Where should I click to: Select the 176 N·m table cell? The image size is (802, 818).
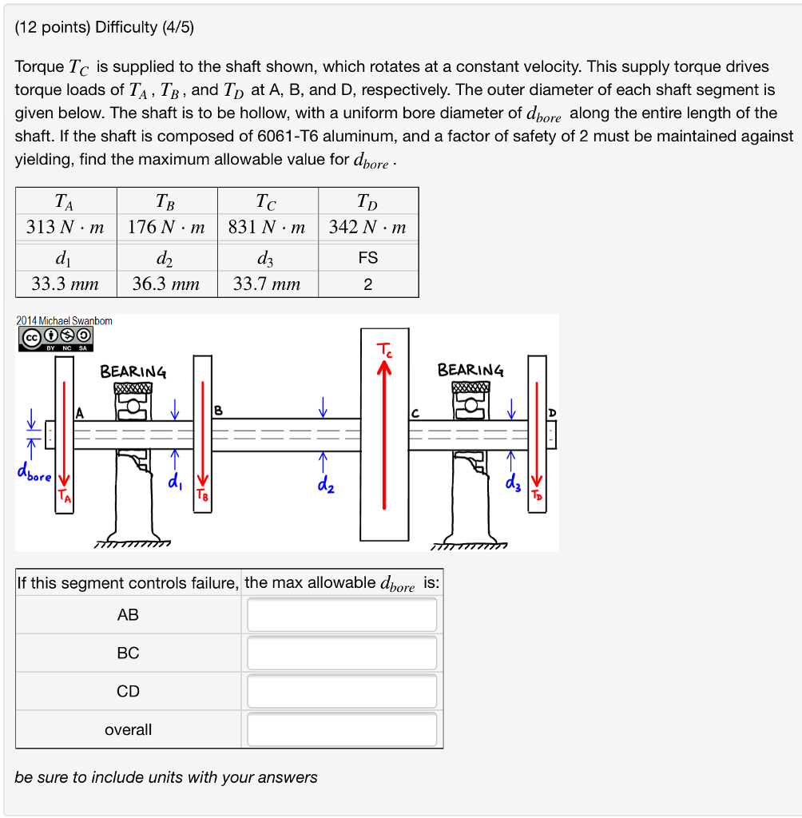166,227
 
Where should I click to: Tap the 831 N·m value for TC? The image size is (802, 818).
267,227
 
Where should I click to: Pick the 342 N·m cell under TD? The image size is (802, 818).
367,227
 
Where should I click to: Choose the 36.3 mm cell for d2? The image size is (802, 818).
166,284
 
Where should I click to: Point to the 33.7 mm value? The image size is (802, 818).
267,284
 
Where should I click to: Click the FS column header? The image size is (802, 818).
367,258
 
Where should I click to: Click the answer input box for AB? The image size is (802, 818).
342,614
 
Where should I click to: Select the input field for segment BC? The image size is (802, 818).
342,653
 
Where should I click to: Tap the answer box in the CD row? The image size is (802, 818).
342,691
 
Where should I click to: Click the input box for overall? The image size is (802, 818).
342,729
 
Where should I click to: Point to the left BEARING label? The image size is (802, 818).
133,371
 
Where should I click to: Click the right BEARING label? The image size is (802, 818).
470,370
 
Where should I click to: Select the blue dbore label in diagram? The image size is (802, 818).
34,477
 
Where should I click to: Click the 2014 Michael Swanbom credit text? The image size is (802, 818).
64,320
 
